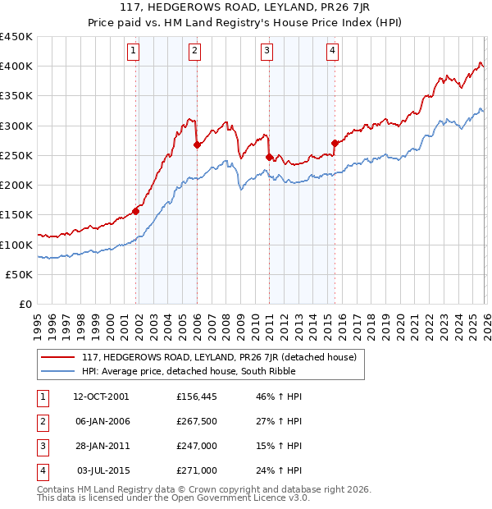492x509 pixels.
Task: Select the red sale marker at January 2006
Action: click(197, 145)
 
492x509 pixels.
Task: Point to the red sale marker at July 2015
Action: click(334, 144)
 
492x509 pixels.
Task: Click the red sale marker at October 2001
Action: click(136, 211)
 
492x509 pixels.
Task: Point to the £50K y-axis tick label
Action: click(19, 274)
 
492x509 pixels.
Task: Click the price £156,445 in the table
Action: click(197, 397)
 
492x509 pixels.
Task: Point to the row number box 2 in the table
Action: click(42, 421)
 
